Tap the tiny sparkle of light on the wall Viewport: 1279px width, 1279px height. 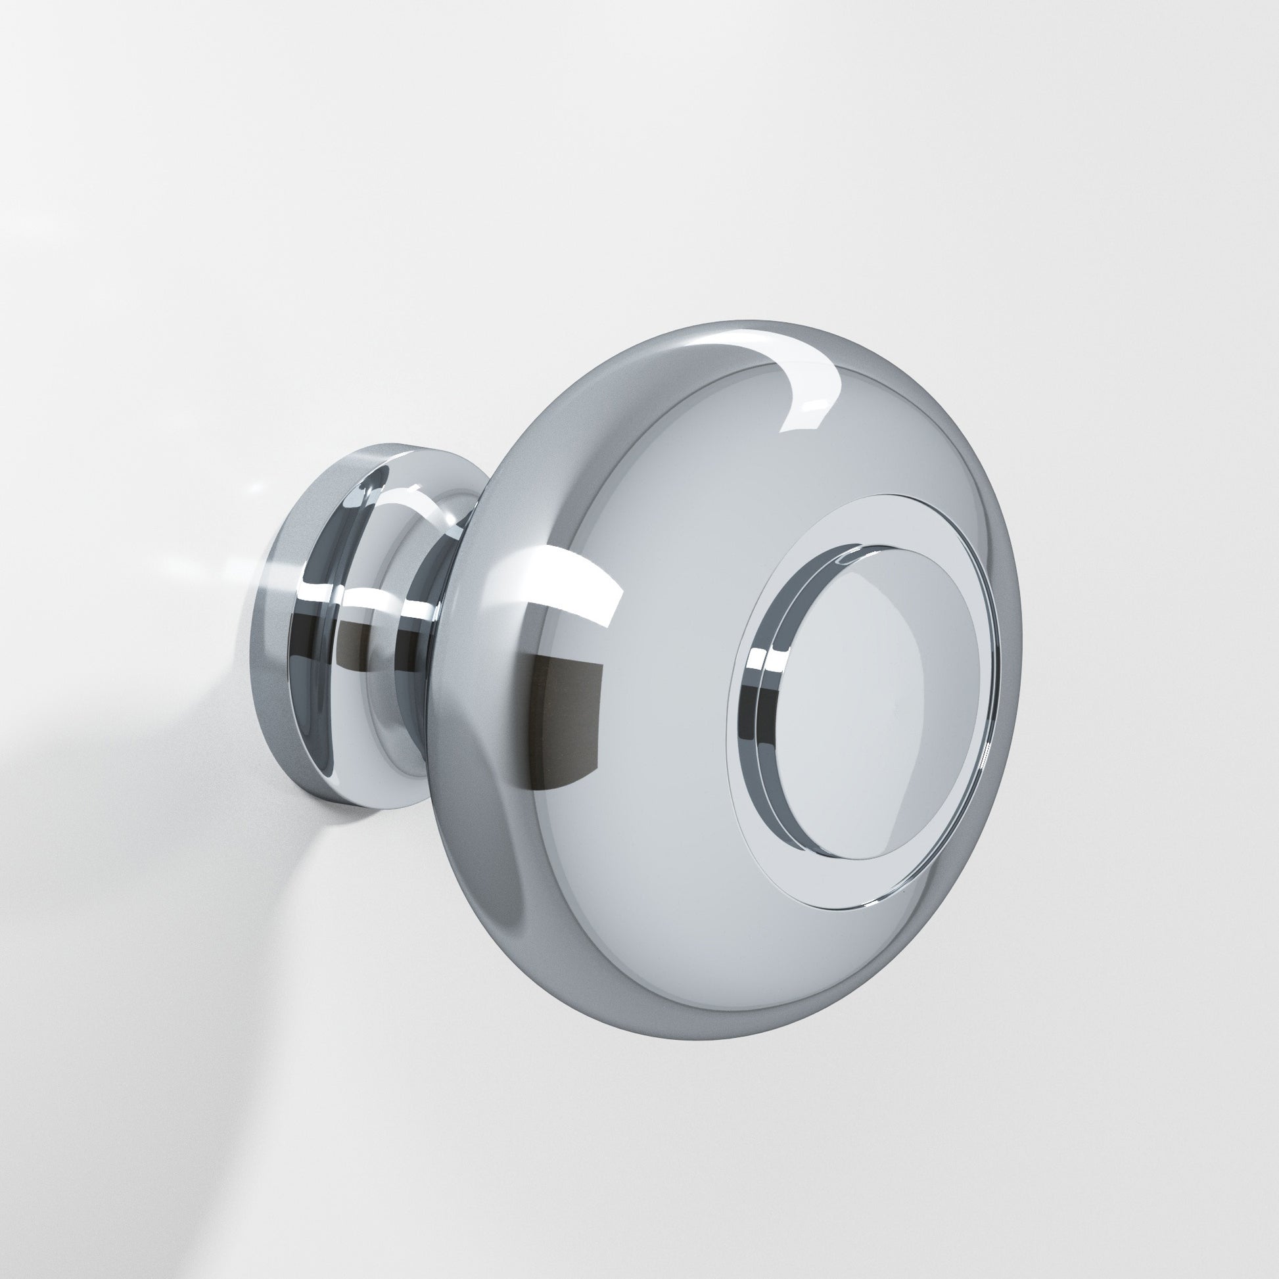tap(255, 488)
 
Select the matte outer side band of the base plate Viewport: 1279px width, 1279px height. tap(281, 662)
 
